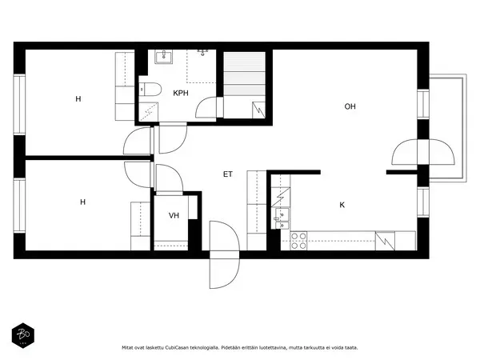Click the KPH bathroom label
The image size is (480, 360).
(x=181, y=93)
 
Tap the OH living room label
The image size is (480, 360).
(x=350, y=106)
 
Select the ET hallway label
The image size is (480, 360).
(x=228, y=174)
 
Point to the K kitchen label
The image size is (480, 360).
(x=342, y=205)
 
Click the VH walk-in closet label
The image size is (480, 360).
(x=174, y=215)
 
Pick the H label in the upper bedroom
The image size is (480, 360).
(x=78, y=99)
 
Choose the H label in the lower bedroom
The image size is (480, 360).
(x=82, y=202)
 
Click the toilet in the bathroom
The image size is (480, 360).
(x=150, y=90)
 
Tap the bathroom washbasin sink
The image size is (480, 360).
(x=163, y=57)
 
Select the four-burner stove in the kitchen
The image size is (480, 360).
(x=298, y=241)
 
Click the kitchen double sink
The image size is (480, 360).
(x=282, y=218)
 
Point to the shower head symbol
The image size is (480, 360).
(x=202, y=52)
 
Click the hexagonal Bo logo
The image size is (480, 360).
(x=23, y=335)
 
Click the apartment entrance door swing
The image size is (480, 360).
(x=224, y=254)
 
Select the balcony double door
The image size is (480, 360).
(x=423, y=152)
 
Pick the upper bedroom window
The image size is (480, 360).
(x=19, y=104)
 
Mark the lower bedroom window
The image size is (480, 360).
(x=19, y=206)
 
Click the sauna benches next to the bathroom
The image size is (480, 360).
(x=244, y=85)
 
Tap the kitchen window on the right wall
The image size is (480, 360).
(x=423, y=202)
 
